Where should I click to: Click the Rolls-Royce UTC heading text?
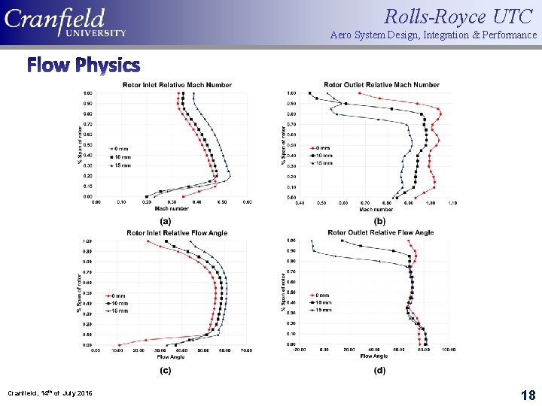460,16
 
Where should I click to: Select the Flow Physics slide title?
84,65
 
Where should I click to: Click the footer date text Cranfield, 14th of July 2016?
50,393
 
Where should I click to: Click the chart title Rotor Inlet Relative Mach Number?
177,85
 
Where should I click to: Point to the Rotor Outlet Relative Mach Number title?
382,85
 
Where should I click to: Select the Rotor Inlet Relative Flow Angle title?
177,233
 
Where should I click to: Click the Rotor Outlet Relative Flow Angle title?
381,233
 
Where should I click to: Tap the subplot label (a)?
165,221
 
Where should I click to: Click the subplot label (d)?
380,370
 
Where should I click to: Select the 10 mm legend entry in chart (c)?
120,304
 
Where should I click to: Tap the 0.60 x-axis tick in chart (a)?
247,202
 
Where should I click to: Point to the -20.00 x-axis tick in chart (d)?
300,350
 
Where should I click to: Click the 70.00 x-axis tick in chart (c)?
247,350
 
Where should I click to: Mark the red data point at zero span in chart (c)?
117,344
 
